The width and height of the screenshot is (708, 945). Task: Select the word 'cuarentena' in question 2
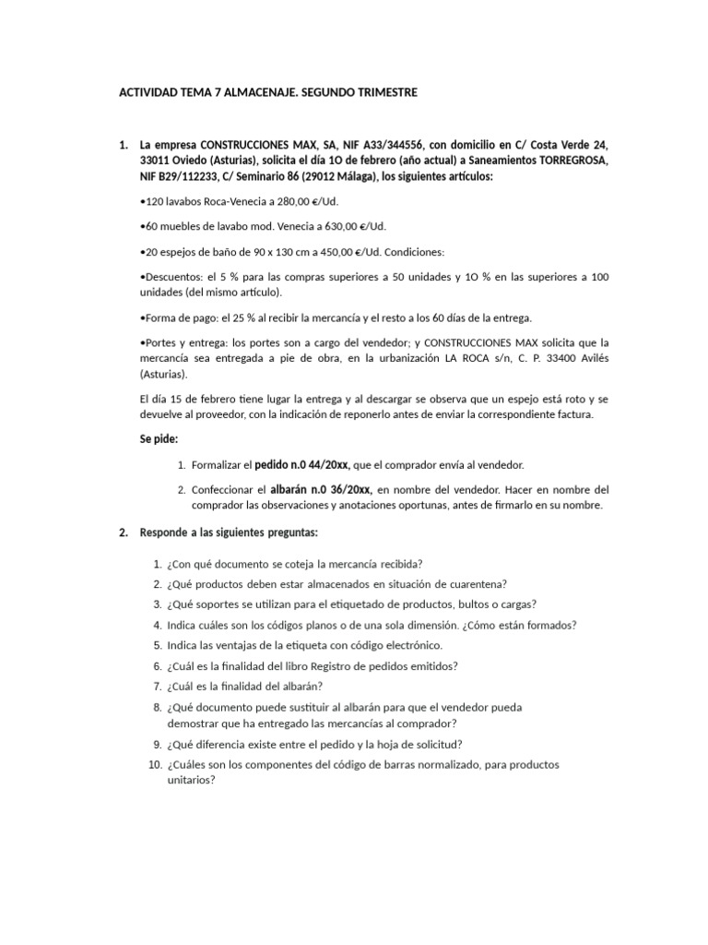coord(475,584)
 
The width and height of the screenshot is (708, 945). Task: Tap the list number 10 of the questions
coord(154,765)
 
